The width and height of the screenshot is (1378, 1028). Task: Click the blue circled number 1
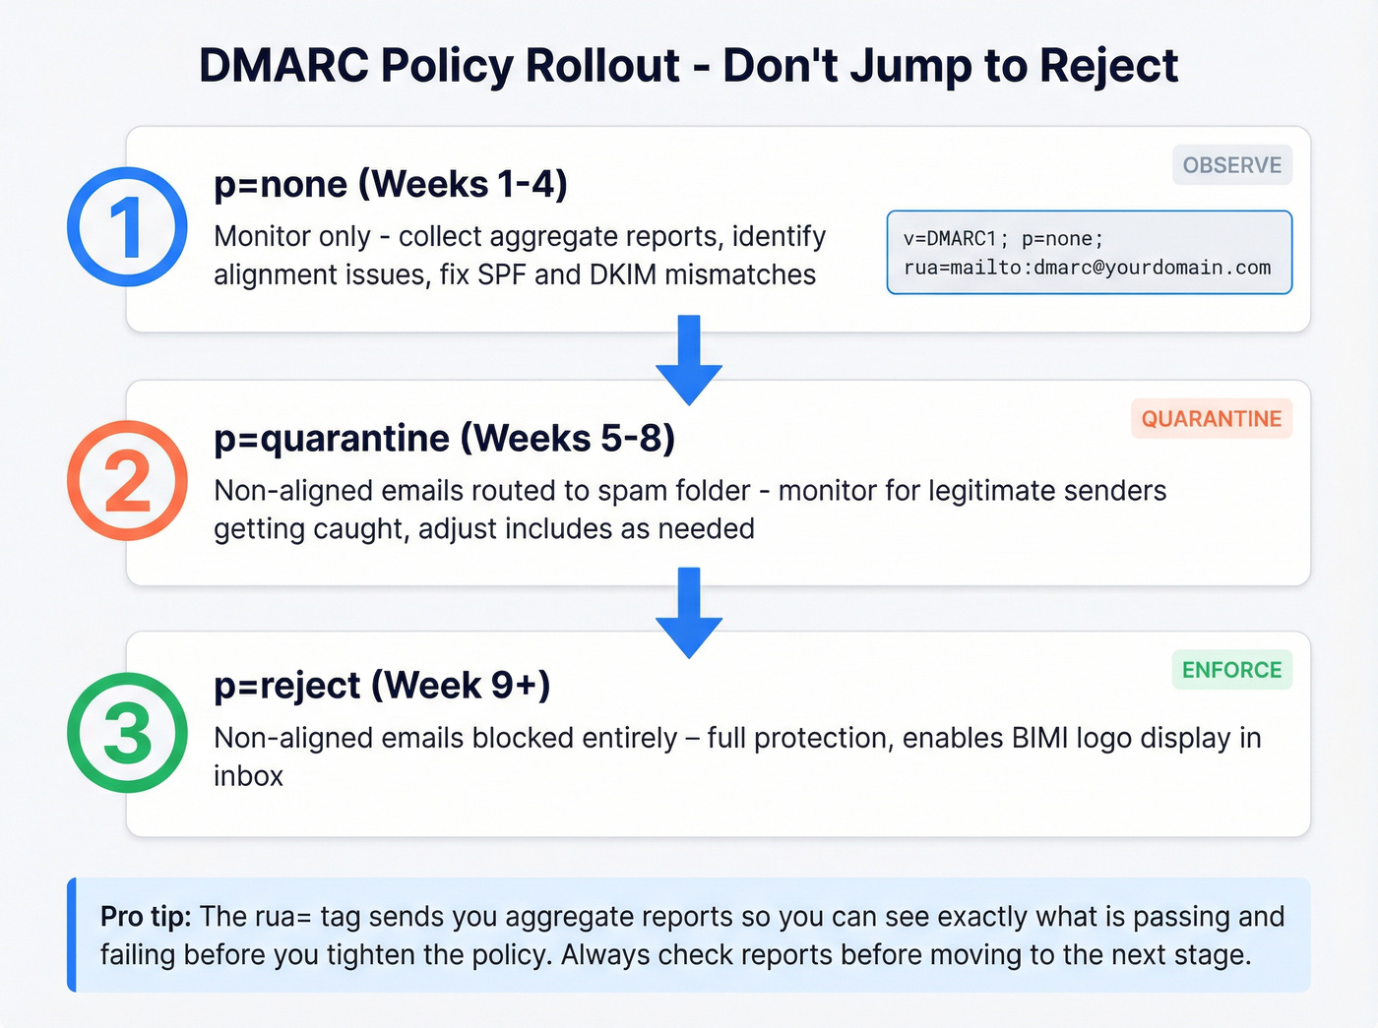(127, 227)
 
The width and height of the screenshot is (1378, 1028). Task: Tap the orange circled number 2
(127, 481)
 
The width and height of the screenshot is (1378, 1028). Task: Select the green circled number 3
(127, 733)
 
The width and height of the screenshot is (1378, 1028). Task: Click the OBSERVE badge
(1231, 165)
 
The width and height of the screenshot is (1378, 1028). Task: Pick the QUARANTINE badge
(1211, 419)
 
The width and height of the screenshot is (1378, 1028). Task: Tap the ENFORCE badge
(1231, 670)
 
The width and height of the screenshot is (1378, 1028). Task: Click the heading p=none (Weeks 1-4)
(391, 184)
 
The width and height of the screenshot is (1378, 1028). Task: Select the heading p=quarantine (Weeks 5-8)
(444, 438)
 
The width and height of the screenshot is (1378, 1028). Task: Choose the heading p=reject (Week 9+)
(382, 685)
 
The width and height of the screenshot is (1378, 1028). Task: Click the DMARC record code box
(1089, 253)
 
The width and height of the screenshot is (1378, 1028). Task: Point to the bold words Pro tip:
(146, 916)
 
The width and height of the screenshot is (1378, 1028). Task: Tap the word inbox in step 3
(248, 776)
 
